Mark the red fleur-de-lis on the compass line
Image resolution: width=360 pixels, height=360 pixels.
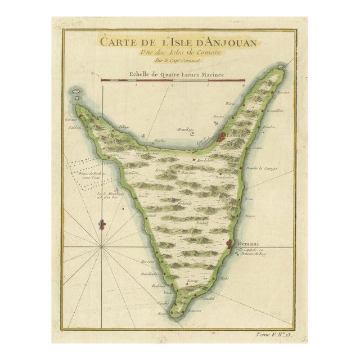point(102,226)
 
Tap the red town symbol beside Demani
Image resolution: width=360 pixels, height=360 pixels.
point(229,244)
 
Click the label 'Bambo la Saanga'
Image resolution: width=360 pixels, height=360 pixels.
point(260,169)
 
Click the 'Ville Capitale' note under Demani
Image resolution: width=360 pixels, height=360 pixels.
point(251,251)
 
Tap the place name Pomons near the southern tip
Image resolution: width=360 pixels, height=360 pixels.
point(194,310)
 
